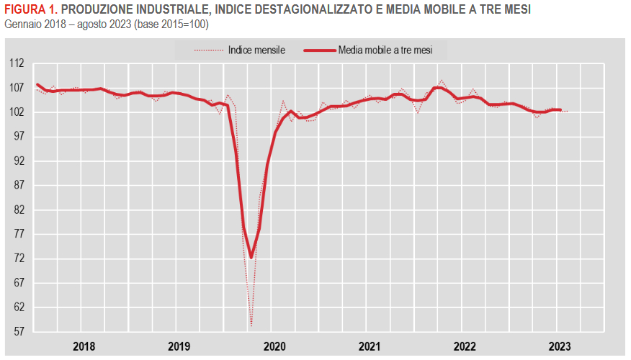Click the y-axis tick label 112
tap(15, 63)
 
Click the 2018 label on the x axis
tap(84, 346)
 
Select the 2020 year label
tap(274, 346)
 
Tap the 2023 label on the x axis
tap(560, 346)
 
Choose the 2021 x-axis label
tap(370, 346)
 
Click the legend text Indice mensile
tap(256, 50)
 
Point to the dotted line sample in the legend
tap(207, 50)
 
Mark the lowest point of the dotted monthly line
tap(251, 325)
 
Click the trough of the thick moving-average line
tap(251, 257)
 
